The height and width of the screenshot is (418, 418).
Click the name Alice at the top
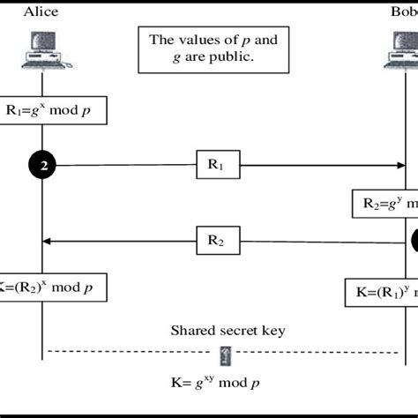pyautogui.click(x=41, y=11)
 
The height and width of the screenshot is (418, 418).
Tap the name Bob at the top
pyautogui.click(x=404, y=11)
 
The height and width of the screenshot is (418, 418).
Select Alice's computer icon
pyautogui.click(x=41, y=51)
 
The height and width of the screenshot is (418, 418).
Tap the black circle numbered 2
pyautogui.click(x=42, y=164)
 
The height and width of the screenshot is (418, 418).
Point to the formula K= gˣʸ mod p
pyautogui.click(x=217, y=383)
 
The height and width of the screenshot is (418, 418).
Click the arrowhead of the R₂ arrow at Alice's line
pyautogui.click(x=49, y=240)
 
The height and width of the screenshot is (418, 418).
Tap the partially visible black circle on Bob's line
pyautogui.click(x=414, y=239)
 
